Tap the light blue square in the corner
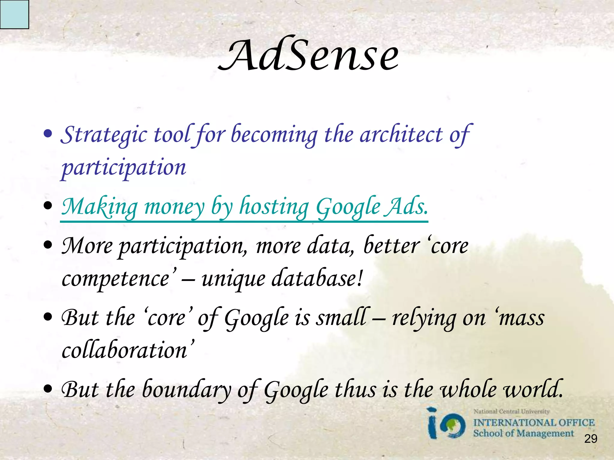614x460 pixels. click(x=14, y=14)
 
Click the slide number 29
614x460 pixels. click(x=591, y=439)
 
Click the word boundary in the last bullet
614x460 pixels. click(x=187, y=390)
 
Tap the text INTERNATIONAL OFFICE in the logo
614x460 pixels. click(x=534, y=423)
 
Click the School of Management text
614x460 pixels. click(x=523, y=433)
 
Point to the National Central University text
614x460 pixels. click(x=511, y=411)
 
